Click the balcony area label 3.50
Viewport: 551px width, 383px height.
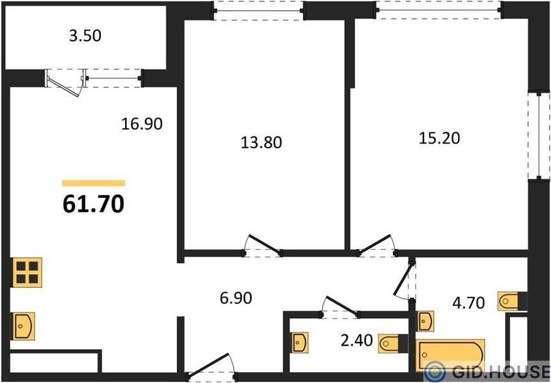point(85,36)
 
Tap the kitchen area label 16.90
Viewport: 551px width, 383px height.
point(142,124)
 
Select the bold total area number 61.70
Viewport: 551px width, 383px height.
point(93,204)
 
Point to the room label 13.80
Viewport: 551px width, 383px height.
point(261,142)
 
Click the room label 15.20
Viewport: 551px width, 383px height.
point(439,138)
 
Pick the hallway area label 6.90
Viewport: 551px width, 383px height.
point(236,298)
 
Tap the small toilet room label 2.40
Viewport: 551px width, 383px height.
point(356,340)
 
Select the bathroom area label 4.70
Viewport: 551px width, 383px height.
point(469,303)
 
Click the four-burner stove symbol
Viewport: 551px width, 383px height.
point(27,273)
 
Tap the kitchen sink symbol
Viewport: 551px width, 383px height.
point(24,326)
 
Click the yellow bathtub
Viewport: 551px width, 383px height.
point(451,355)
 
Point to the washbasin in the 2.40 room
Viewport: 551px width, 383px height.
point(301,342)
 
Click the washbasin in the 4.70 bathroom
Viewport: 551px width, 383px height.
point(425,321)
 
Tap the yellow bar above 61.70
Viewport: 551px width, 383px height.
point(93,183)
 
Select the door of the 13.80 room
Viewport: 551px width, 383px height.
point(264,245)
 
